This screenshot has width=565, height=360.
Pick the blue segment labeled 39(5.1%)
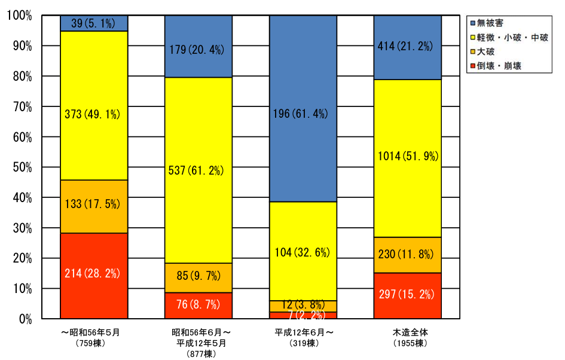(94, 23)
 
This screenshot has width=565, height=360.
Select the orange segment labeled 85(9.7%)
(198, 277)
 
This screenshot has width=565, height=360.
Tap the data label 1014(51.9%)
(407, 157)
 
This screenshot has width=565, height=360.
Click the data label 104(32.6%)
(303, 252)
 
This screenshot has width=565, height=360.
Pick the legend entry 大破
(490, 52)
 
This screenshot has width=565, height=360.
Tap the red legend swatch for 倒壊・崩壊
(473, 66)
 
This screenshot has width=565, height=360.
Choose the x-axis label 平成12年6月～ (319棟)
(304, 337)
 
